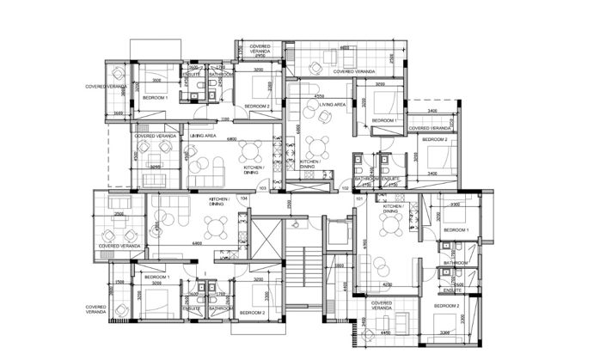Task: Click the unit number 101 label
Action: (358, 199)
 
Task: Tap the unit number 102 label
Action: (346, 186)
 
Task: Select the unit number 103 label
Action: (263, 186)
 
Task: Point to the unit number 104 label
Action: (244, 198)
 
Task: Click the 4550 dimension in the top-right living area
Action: (319, 96)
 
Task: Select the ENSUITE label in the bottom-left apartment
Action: (194, 308)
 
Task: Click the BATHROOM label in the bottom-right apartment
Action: (456, 262)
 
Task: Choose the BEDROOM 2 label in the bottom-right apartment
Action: (447, 306)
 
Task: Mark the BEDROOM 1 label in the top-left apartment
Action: (156, 98)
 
